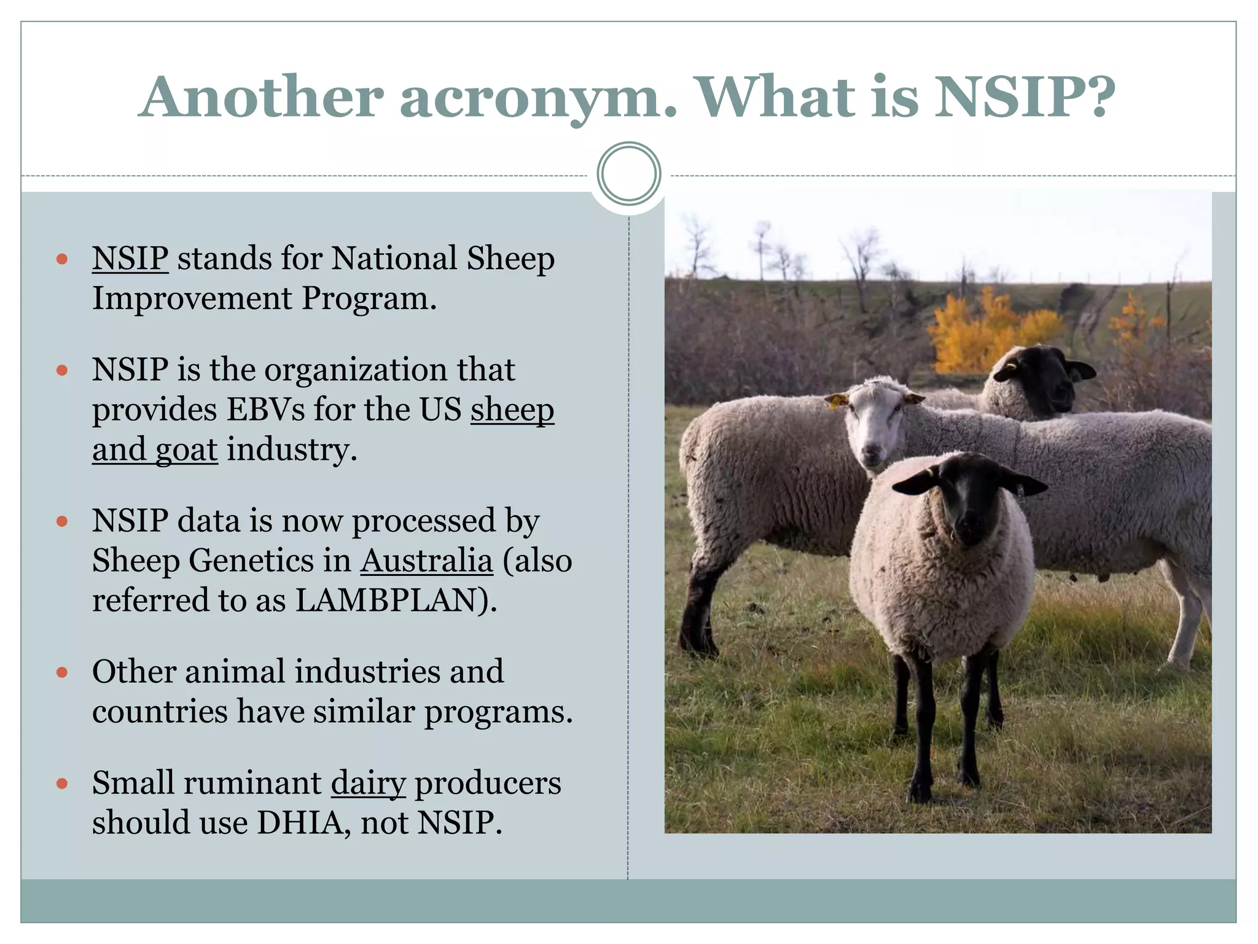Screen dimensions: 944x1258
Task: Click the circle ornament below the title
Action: (x=628, y=174)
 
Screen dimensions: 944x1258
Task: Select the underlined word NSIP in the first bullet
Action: (x=130, y=258)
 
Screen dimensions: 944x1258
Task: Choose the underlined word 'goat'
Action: (x=186, y=450)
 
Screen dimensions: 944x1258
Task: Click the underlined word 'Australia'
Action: (x=426, y=560)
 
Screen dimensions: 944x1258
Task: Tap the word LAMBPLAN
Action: (x=386, y=600)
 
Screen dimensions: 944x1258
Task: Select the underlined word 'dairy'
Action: (x=368, y=783)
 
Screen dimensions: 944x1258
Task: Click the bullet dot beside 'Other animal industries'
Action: (x=61, y=672)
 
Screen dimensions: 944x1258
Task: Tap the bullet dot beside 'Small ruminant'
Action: (x=61, y=784)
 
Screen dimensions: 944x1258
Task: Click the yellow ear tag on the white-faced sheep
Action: (x=835, y=402)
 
